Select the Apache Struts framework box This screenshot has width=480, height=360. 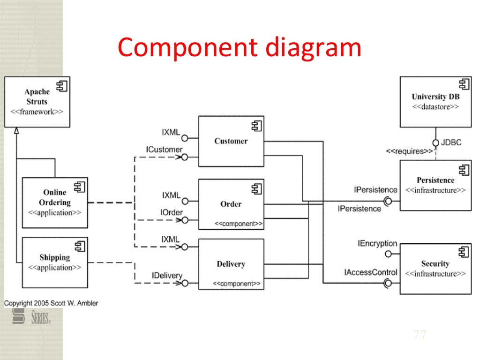[x=37, y=102]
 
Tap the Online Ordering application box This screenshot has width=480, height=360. [x=55, y=202]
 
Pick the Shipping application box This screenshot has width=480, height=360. [x=55, y=262]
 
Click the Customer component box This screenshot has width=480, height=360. [x=231, y=141]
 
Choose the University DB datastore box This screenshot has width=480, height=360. [x=435, y=102]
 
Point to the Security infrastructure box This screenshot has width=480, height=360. [x=435, y=269]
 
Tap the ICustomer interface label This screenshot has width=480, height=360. [x=164, y=150]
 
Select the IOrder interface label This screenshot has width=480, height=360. [x=171, y=212]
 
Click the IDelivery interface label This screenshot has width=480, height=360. [x=167, y=276]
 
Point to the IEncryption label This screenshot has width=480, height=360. [x=377, y=244]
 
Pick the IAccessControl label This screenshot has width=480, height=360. [x=377, y=272]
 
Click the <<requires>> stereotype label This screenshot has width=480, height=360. [x=409, y=151]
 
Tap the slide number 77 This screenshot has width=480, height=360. [x=420, y=335]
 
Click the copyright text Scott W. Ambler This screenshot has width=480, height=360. [x=51, y=303]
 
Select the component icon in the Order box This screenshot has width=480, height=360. [x=256, y=189]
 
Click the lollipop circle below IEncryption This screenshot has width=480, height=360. [x=388, y=254]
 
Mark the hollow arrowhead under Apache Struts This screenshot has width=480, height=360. [x=16, y=131]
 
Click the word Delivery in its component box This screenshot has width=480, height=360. [x=231, y=264]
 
